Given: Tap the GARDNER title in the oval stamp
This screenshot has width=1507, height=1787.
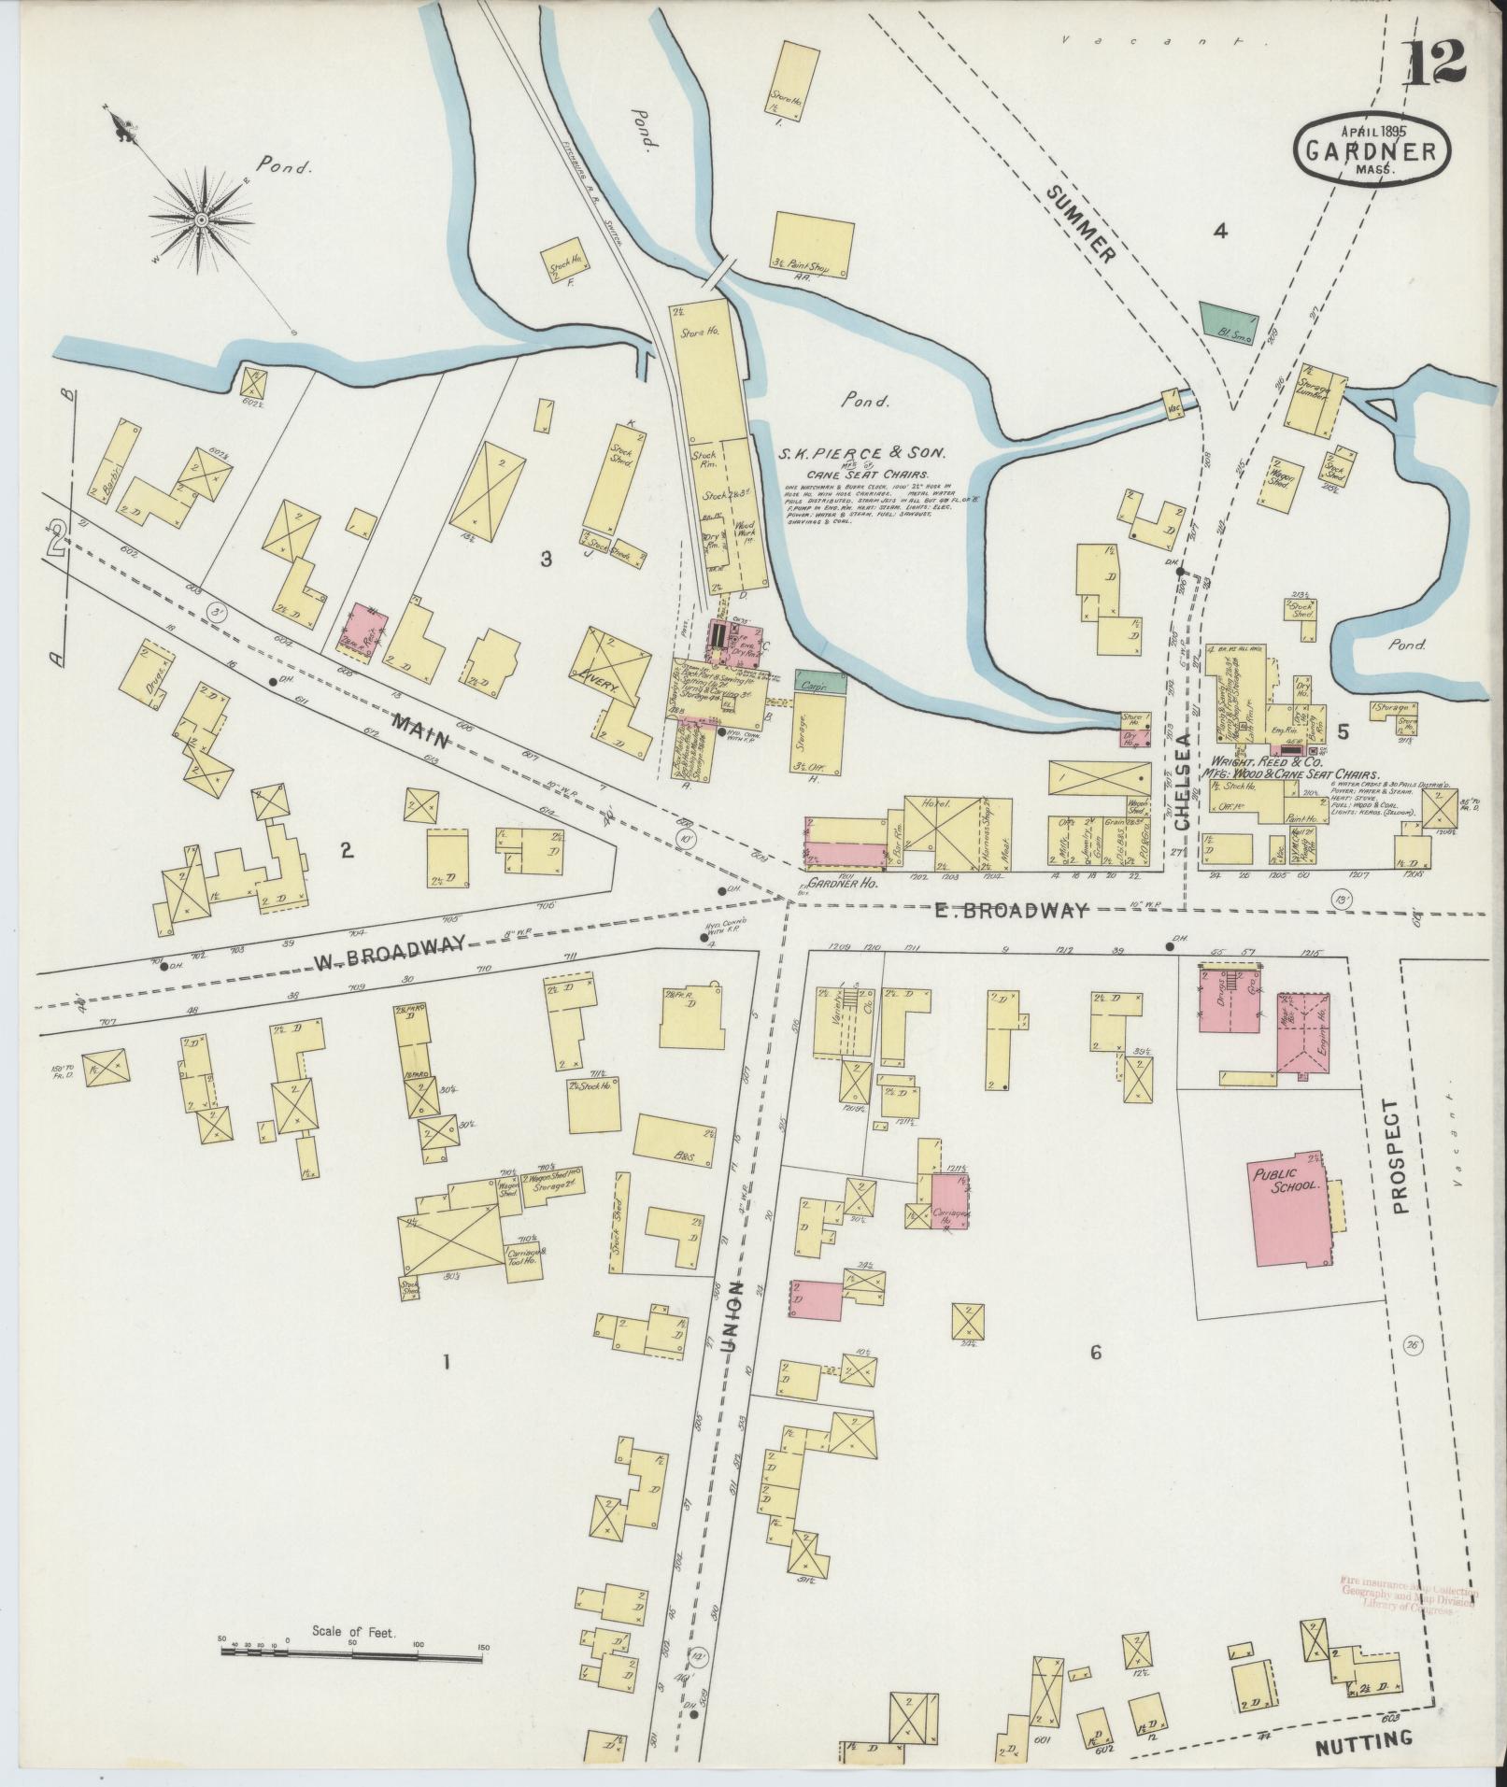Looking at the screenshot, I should click(1372, 149).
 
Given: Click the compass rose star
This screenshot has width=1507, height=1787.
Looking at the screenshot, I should click(201, 219).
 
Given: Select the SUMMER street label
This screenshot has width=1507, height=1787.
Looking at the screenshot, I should click(1082, 224).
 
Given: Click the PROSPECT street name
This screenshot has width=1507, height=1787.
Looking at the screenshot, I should click(1397, 1156).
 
